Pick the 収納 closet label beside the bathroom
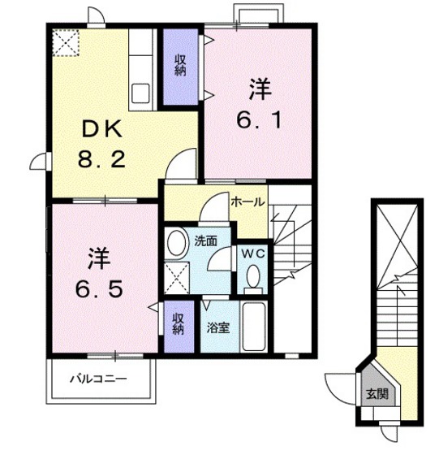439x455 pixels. [x=178, y=325]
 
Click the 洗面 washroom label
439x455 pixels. [x=204, y=240]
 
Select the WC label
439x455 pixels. [x=252, y=252]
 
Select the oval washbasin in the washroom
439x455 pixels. [x=176, y=243]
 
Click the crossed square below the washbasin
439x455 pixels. [x=176, y=277]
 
